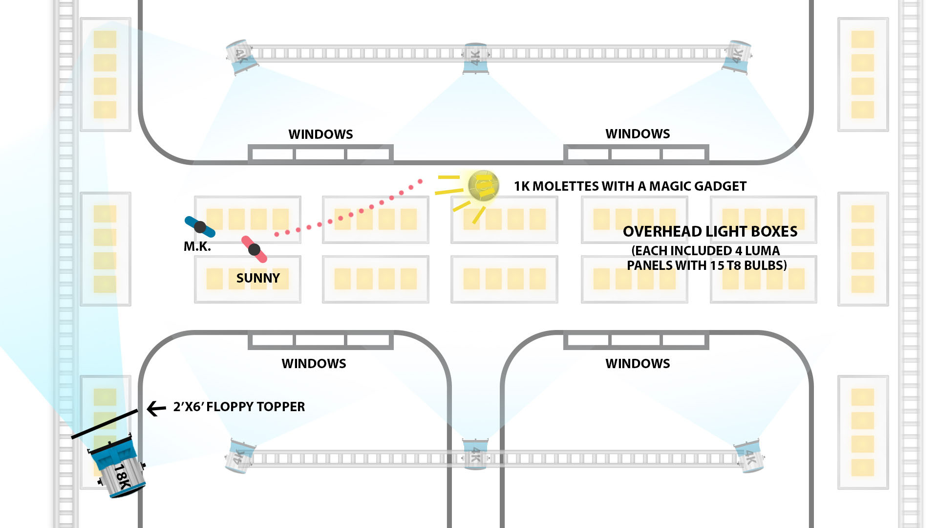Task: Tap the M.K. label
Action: [197, 247]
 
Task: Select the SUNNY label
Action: [258, 278]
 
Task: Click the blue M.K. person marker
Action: [200, 227]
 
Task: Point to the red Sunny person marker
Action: [254, 249]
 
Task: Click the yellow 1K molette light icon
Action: [483, 186]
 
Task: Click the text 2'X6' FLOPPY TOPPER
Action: [239, 407]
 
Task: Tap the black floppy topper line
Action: [105, 424]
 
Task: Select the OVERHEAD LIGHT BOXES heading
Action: [710, 232]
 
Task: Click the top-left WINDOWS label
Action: [320, 134]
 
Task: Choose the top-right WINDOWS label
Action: [638, 134]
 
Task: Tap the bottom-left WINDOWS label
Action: [314, 364]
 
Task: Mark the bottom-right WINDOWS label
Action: [638, 364]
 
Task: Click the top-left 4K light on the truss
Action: [241, 57]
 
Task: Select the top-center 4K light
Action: [475, 58]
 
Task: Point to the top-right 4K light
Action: [737, 57]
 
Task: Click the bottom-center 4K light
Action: [475, 455]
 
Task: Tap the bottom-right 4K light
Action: [749, 457]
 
